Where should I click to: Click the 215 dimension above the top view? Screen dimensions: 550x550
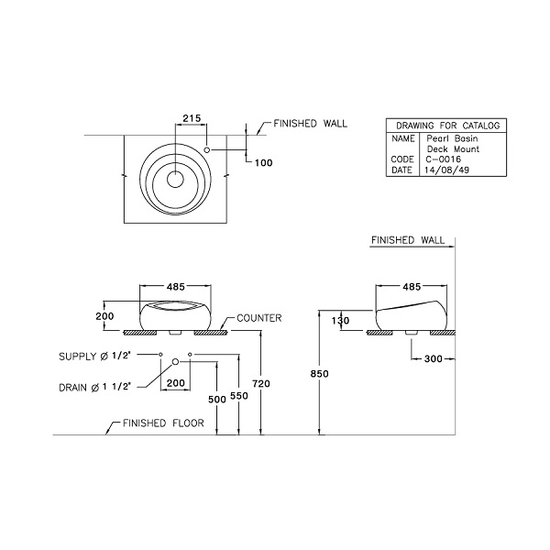point(192,117)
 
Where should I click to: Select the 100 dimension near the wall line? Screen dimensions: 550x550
point(265,162)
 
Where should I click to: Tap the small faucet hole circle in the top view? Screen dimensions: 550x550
point(208,148)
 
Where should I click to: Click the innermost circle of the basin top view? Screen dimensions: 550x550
point(174,180)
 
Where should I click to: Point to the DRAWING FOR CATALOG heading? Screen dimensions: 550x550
point(446,126)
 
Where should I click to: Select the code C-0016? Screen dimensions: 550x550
point(442,159)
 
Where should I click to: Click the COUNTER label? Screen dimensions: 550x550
point(258,318)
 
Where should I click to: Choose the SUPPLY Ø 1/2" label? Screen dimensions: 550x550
point(95,355)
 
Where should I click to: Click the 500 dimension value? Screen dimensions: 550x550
point(216,401)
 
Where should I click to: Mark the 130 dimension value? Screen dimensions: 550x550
point(340,321)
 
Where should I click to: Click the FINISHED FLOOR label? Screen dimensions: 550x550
point(157,423)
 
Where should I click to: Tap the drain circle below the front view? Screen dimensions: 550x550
point(174,364)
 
